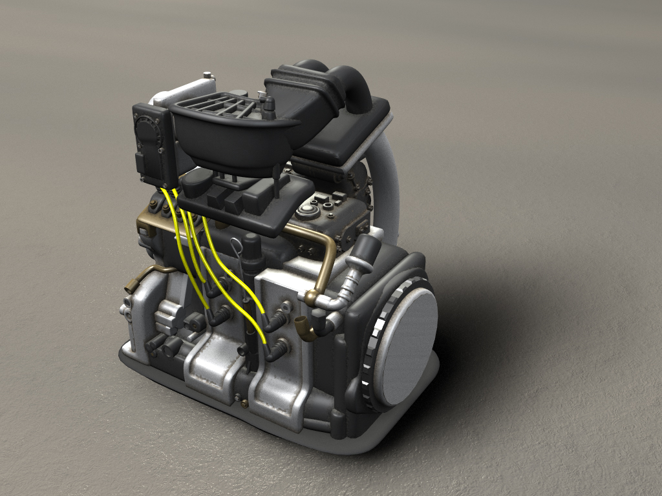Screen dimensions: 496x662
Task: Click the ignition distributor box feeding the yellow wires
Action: click(x=153, y=143)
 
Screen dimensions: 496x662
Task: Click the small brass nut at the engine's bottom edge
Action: click(x=244, y=404)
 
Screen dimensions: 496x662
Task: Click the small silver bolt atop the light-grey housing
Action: click(x=207, y=76)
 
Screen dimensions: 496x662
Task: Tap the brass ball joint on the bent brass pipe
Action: click(x=312, y=298)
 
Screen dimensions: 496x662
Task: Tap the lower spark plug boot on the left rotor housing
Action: click(x=219, y=316)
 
